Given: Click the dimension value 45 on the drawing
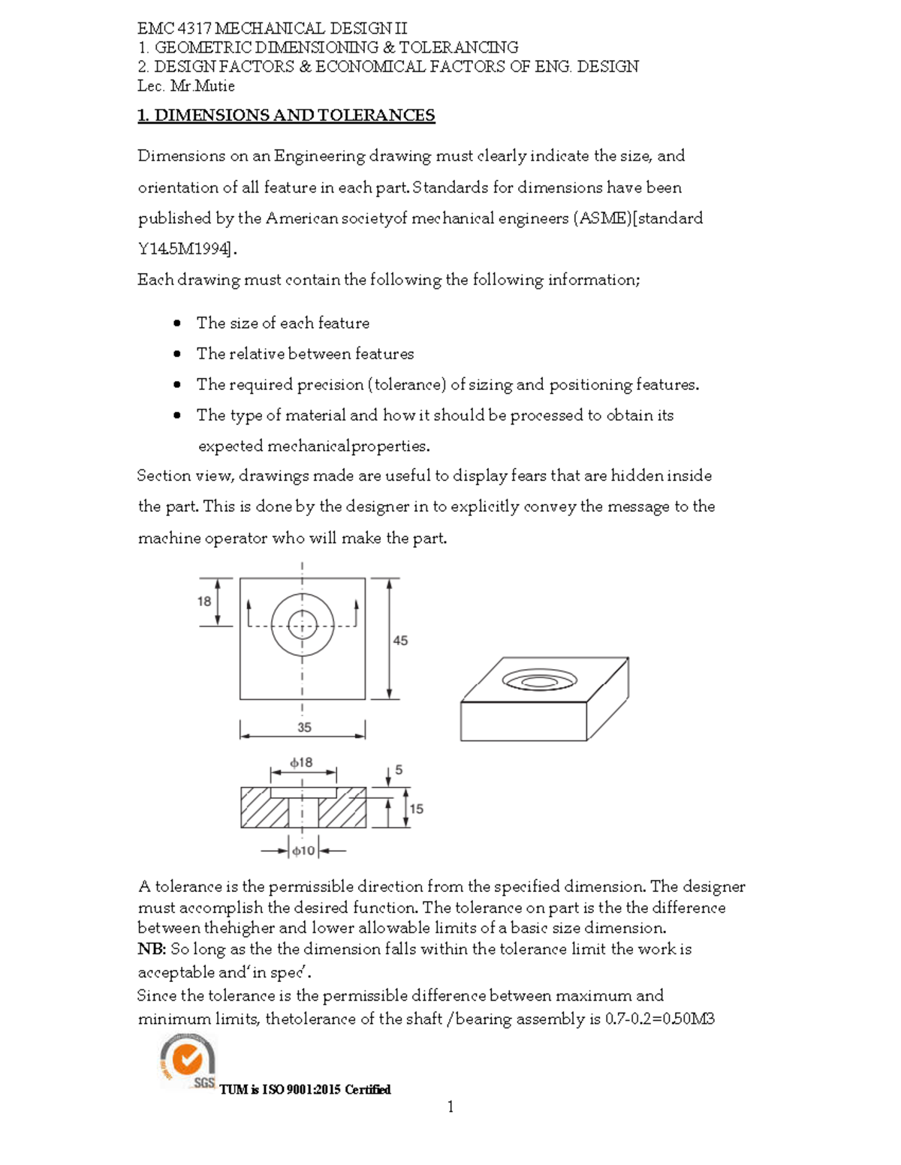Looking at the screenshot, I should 400,641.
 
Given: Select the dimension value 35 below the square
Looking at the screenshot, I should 304,728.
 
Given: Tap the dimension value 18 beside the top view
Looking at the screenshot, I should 204,602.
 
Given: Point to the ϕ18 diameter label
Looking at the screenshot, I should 302,763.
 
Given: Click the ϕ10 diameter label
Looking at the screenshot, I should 303,851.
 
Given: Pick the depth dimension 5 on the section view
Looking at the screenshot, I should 399,770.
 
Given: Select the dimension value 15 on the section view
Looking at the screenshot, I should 416,809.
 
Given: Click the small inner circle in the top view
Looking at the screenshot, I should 303,624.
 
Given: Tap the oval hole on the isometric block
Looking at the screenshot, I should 540,680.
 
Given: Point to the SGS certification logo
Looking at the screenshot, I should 188,1061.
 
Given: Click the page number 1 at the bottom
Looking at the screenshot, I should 450,1107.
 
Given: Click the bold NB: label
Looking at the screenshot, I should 152,950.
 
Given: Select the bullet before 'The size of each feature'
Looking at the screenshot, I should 177,323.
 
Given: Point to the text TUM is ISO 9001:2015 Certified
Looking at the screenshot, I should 305,1090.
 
